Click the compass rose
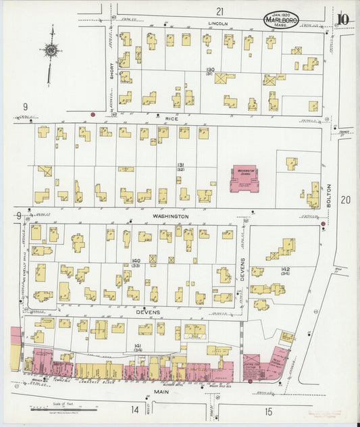click(x=51, y=49)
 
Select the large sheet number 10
click(x=344, y=18)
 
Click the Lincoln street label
click(x=219, y=22)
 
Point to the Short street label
click(x=111, y=67)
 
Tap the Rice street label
click(x=172, y=118)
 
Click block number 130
click(x=210, y=70)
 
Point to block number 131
click(x=181, y=166)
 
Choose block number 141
click(x=138, y=345)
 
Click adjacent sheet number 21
click(x=220, y=11)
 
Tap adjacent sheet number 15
click(x=268, y=410)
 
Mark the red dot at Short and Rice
click(x=93, y=115)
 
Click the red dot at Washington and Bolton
click(x=323, y=224)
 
